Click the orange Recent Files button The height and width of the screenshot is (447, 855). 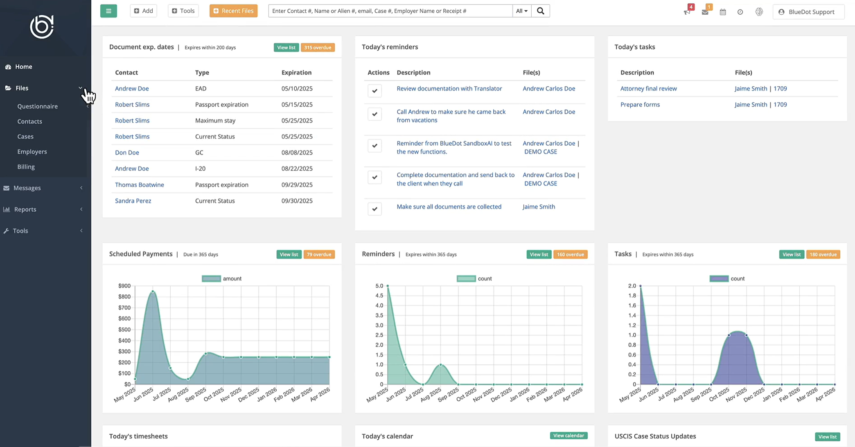[233, 11]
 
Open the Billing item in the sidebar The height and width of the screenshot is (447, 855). [26, 167]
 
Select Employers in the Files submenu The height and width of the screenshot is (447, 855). [32, 151]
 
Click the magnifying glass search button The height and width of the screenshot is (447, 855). [540, 11]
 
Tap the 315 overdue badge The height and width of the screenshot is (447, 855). [318, 47]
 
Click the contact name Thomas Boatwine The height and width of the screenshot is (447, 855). [139, 185]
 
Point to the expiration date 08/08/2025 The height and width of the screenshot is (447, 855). [297, 152]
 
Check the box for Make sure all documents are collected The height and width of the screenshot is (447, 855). [374, 209]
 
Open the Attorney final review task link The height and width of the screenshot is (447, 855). [648, 88]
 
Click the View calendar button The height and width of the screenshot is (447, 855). [568, 436]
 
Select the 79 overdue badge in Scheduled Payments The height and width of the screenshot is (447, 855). [319, 255]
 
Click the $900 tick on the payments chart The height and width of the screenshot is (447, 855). [124, 286]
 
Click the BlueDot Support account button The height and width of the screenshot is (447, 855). [808, 12]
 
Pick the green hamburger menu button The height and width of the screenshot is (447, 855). [108, 11]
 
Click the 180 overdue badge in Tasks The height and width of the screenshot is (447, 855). [823, 255]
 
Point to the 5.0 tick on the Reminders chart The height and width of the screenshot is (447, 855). [379, 286]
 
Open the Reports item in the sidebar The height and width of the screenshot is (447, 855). [25, 209]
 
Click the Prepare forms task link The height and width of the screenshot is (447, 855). [640, 104]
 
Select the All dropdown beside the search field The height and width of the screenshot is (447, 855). [521, 11]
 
